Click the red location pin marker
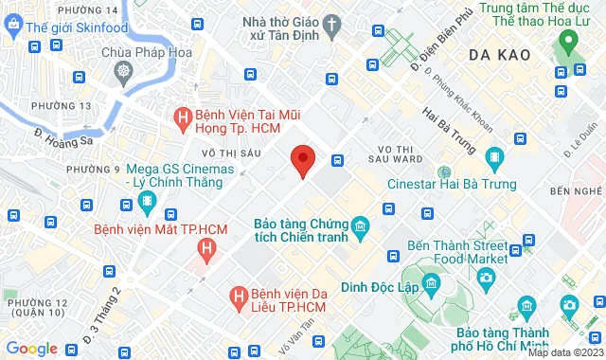click(302, 161)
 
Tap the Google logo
click(31, 348)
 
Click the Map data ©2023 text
click(565, 352)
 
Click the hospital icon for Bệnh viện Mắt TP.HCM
click(205, 250)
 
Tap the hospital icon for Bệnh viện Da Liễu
click(240, 299)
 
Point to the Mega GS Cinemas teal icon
click(147, 201)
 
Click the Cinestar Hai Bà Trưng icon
click(493, 156)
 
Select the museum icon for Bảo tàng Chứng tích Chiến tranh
click(360, 226)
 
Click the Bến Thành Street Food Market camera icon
click(486, 277)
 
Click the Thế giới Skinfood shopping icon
click(13, 27)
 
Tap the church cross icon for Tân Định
click(331, 23)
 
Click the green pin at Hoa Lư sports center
click(568, 42)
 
